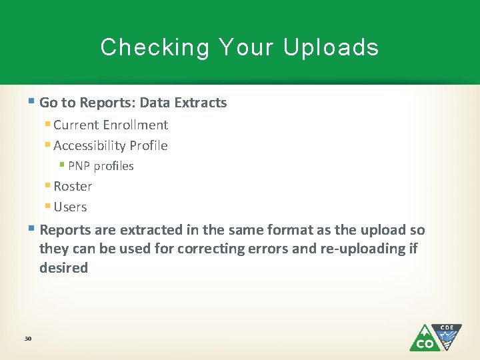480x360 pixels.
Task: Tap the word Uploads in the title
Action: (331, 48)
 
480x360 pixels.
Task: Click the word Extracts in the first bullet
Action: (202, 103)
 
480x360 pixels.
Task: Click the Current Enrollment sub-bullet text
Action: (111, 125)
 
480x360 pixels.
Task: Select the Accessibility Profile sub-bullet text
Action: (111, 145)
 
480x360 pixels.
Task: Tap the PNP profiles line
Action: (101, 166)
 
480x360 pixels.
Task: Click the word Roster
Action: (73, 186)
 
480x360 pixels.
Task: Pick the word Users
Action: (70, 207)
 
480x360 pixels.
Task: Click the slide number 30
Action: (28, 339)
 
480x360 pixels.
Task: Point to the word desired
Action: (63, 268)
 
